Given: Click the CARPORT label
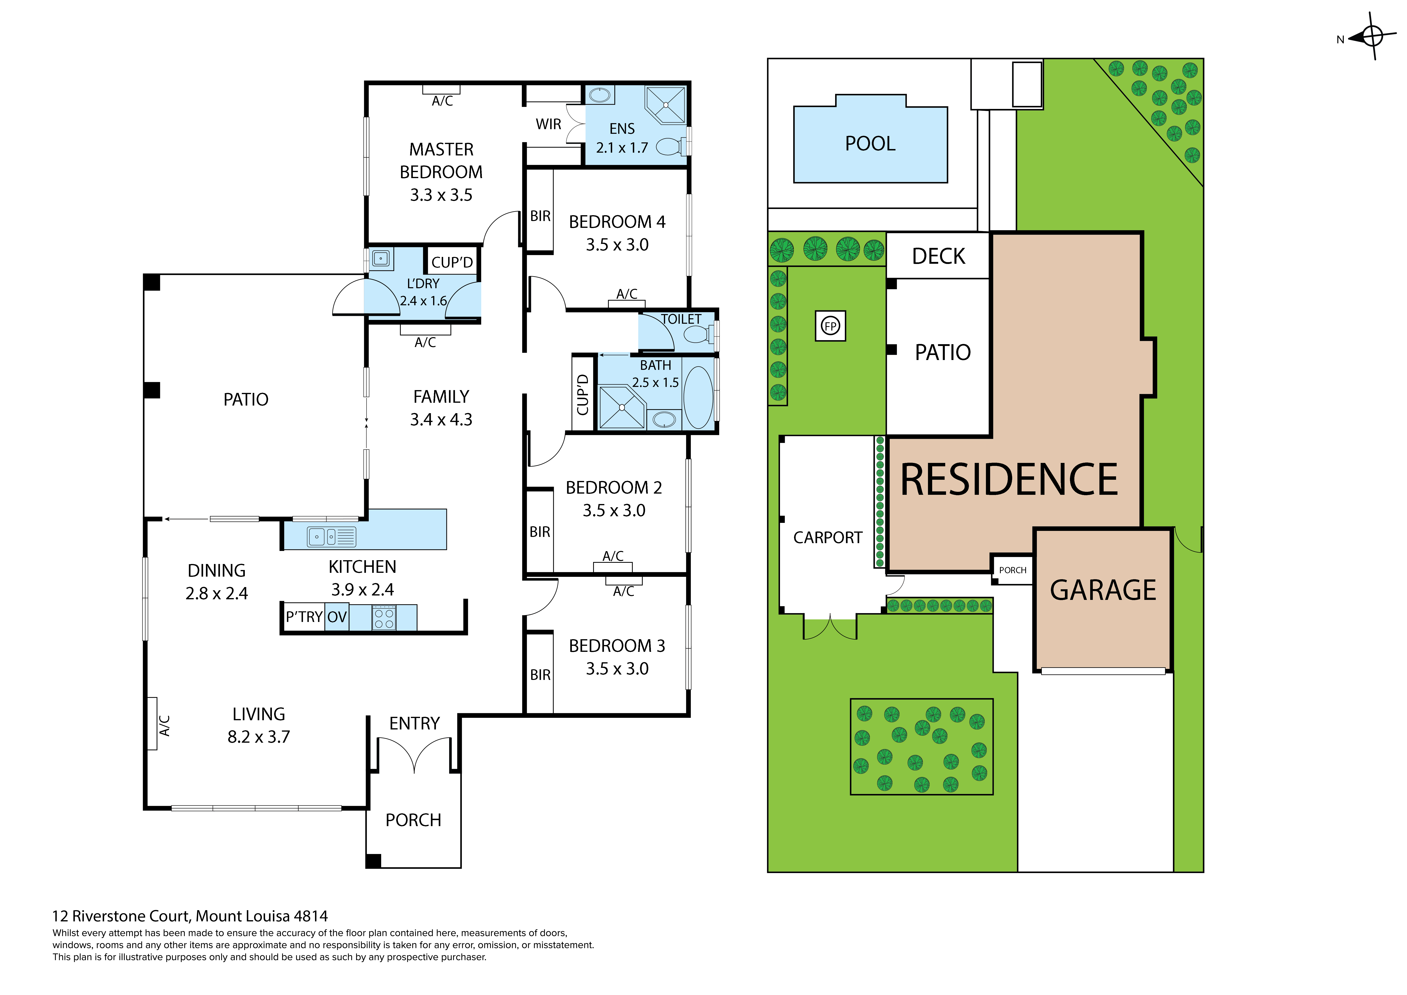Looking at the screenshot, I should pyautogui.click(x=827, y=538).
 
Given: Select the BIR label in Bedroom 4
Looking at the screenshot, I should pyautogui.click(x=540, y=216).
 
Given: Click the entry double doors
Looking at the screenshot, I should pyautogui.click(x=415, y=754).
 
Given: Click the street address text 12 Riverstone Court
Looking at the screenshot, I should pyautogui.click(x=190, y=916).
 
